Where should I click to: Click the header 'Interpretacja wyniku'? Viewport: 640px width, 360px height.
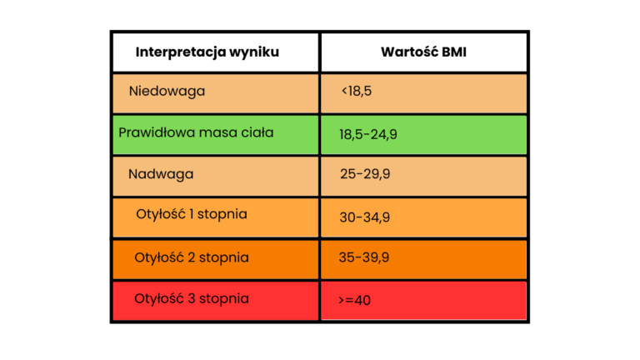207,52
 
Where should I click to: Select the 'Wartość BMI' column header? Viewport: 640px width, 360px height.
424,52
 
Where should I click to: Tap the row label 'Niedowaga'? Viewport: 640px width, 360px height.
167,91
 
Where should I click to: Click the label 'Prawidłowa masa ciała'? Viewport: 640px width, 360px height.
196,132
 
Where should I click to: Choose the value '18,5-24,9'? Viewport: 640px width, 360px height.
367,133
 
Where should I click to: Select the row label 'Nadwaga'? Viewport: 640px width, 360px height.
161,174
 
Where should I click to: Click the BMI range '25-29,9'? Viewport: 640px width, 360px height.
365,175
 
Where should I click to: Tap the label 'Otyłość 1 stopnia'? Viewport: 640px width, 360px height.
192,214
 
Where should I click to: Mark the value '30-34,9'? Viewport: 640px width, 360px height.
365,217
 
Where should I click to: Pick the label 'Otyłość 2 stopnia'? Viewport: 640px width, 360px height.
192,257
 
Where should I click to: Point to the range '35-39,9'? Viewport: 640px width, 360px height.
364,257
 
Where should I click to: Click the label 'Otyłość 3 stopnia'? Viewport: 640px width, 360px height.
192,297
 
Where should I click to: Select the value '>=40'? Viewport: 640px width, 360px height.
355,300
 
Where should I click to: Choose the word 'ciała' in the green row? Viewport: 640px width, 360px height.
255,132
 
